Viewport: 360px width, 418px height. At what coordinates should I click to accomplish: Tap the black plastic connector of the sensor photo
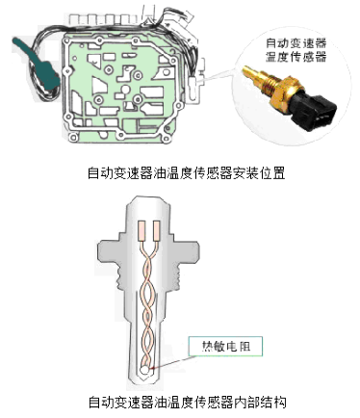[x=315, y=109]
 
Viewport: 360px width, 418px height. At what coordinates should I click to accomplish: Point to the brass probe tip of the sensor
[x=253, y=74]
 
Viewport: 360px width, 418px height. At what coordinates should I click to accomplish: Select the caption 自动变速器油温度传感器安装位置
[x=187, y=172]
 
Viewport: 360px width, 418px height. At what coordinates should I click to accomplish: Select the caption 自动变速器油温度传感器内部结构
[x=187, y=402]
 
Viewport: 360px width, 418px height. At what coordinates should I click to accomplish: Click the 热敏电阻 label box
[x=225, y=346]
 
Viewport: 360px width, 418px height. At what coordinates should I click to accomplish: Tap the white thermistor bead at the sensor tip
[x=145, y=370]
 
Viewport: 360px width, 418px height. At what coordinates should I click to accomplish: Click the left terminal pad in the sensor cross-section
[x=141, y=230]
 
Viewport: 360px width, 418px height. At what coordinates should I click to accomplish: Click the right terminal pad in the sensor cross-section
[x=157, y=230]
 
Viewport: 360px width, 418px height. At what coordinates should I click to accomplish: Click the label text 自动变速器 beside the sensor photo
[x=296, y=42]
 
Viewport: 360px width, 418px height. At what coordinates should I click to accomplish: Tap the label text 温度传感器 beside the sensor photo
[x=296, y=57]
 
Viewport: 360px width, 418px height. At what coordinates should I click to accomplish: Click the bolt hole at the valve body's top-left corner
[x=66, y=41]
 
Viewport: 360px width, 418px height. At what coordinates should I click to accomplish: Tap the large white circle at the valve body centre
[x=126, y=90]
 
